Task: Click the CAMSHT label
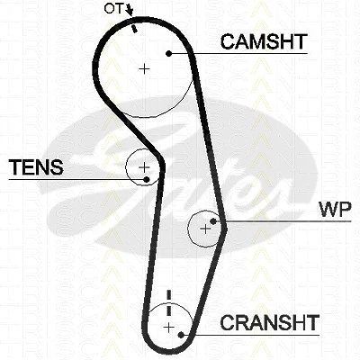click(264, 41)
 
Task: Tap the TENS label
click(36, 167)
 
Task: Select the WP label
click(336, 210)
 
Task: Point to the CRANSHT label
click(269, 322)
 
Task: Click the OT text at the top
click(113, 9)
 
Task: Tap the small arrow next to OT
click(130, 10)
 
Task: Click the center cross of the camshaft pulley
click(144, 69)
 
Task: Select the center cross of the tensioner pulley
click(144, 166)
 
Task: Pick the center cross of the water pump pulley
click(205, 229)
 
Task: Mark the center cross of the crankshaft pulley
click(169, 327)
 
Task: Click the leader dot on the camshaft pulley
click(169, 54)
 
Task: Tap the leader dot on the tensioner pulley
click(147, 179)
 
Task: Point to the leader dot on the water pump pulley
click(213, 221)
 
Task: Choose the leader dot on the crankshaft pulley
click(181, 335)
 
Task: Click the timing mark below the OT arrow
click(134, 29)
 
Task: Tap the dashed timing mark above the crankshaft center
click(169, 302)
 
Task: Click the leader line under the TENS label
click(77, 179)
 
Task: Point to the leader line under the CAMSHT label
click(238, 54)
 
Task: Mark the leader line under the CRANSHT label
click(250, 335)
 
